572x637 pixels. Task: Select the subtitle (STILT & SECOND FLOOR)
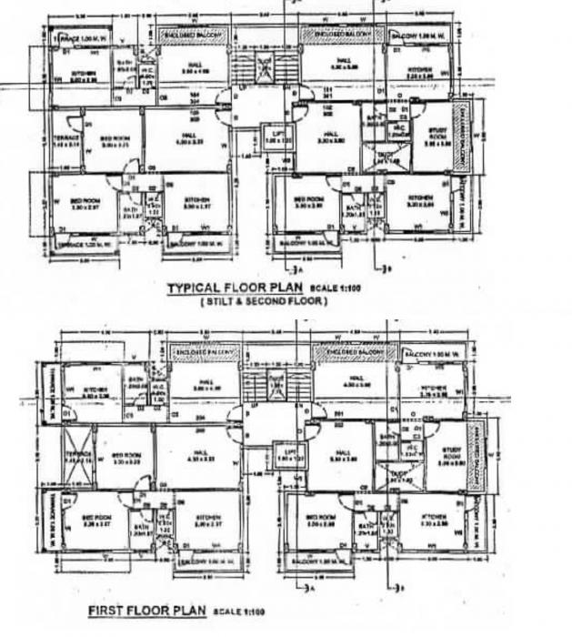coord(263,301)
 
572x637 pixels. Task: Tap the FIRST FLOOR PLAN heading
coord(147,609)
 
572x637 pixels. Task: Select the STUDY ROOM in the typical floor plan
coord(439,139)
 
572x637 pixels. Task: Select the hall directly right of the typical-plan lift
coord(325,138)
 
